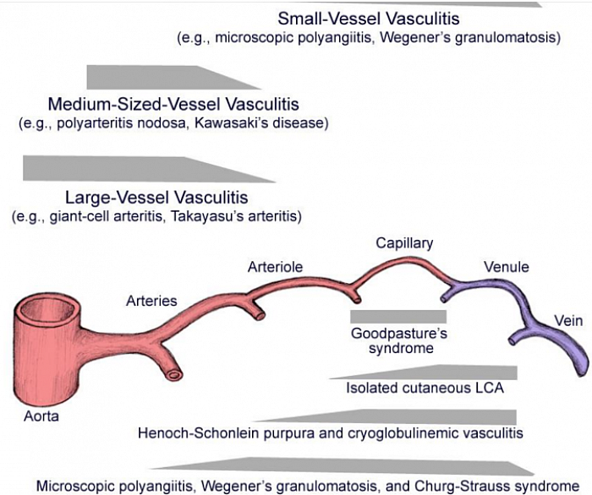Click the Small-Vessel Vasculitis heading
click(368, 19)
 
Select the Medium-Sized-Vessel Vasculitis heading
click(173, 106)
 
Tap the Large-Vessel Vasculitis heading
click(156, 198)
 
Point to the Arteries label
click(151, 300)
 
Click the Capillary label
click(404, 243)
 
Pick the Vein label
click(567, 320)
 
